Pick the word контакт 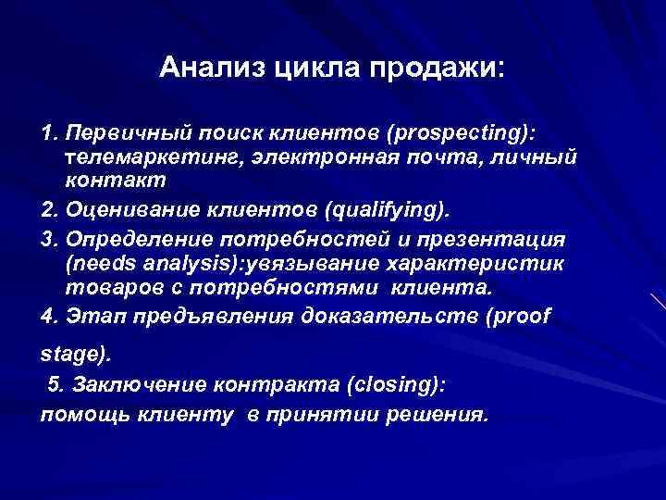point(116,181)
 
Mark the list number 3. point(47,238)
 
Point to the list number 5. point(54,383)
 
